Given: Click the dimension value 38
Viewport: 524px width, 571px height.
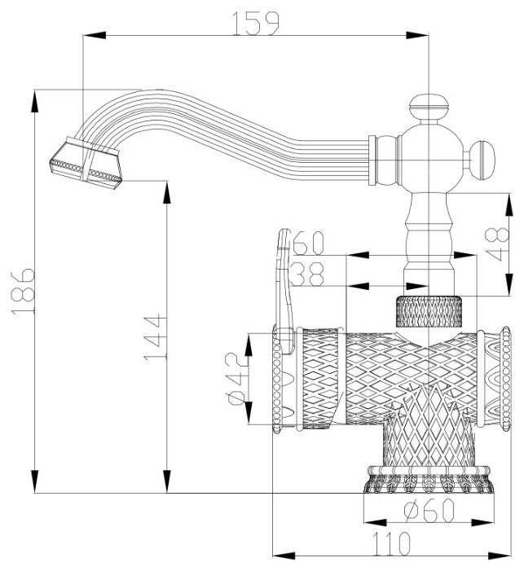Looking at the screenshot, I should click(308, 275).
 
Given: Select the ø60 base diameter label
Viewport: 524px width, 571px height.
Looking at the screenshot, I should click(429, 512).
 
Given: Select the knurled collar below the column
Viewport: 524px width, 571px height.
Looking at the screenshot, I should click(429, 311).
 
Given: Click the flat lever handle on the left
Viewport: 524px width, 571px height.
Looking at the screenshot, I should click(284, 285).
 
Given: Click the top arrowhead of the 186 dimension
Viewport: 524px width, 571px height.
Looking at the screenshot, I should click(34, 98).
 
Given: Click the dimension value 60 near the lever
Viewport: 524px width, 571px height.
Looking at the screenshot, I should click(308, 244).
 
